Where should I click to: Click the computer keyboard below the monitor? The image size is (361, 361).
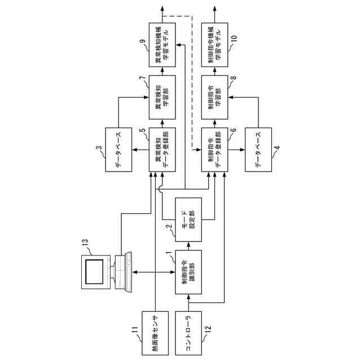(129, 272)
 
